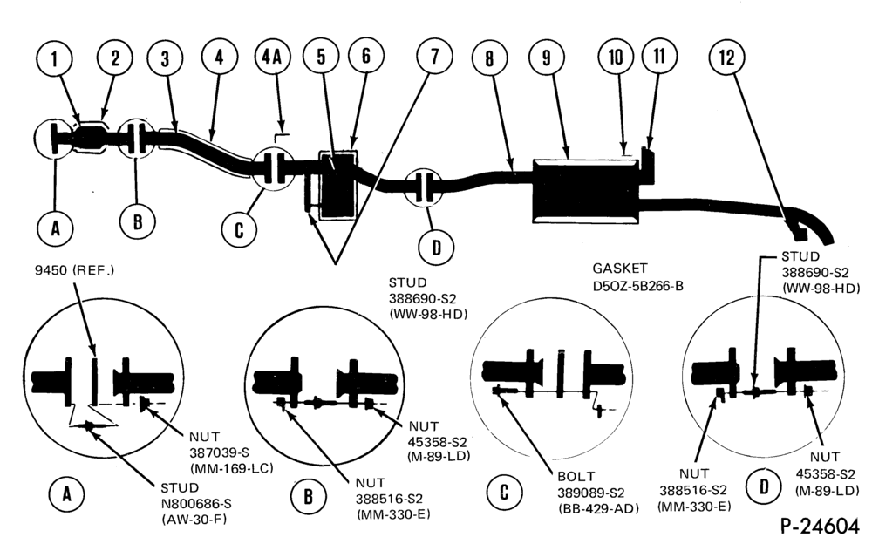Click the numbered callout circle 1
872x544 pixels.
(x=54, y=59)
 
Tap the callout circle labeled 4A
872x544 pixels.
(x=272, y=57)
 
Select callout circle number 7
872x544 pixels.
(x=434, y=56)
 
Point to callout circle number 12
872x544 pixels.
(x=727, y=58)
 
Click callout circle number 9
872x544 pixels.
(x=547, y=58)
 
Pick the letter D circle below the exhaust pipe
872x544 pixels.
(x=437, y=248)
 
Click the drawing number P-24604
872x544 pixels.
(x=820, y=527)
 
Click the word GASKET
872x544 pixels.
(x=619, y=269)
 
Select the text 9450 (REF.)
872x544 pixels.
(x=74, y=271)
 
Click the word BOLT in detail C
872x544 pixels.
(x=576, y=477)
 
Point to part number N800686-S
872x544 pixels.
(x=195, y=504)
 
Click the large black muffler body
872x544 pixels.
(x=586, y=191)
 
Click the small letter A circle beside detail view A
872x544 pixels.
(x=67, y=493)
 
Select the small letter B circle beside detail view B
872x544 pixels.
(x=308, y=496)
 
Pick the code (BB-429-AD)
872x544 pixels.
(x=598, y=508)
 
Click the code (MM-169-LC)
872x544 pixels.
(x=231, y=468)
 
